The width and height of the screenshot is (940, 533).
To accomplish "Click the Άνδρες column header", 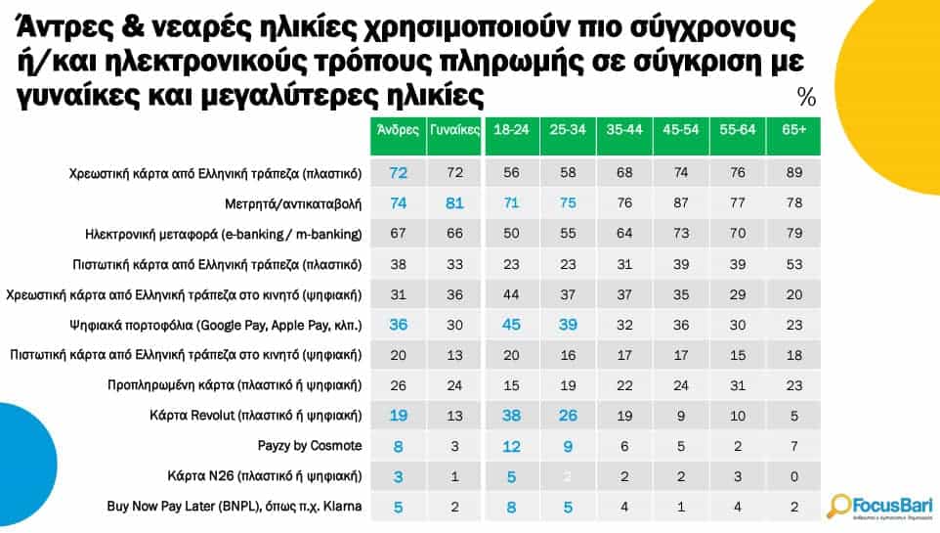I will [398, 129].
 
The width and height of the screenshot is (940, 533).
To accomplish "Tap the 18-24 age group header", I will [512, 129].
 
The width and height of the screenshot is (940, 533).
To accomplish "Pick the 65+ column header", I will [794, 129].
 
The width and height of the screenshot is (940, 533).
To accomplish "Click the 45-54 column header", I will [680, 129].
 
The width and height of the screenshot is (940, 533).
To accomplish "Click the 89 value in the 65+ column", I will [794, 173].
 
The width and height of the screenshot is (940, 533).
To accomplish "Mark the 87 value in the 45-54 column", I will [680, 203].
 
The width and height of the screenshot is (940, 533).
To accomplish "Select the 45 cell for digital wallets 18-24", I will [512, 324].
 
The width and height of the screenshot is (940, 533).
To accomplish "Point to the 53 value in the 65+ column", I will [794, 264].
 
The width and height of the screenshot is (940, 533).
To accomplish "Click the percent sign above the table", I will [806, 97].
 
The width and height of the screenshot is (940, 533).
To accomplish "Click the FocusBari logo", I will [879, 505].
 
